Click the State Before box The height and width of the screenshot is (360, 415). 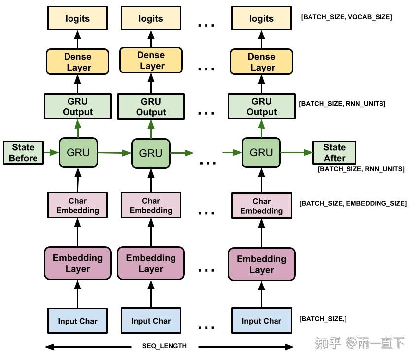pyautogui.click(x=23, y=152)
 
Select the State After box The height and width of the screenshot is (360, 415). pyautogui.click(x=334, y=152)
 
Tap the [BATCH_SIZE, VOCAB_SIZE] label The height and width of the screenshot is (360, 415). pyautogui.click(x=346, y=17)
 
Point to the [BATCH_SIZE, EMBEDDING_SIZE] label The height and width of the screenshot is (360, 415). pyautogui.click(x=353, y=204)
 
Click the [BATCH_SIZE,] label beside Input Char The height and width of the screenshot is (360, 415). pyautogui.click(x=323, y=319)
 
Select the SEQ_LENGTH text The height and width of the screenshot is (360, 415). pyautogui.click(x=164, y=346)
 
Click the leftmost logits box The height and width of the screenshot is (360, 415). pyautogui.click(x=77, y=18)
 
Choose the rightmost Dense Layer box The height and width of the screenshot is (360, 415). pyautogui.click(x=262, y=62)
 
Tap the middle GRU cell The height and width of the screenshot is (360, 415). pyautogui.click(x=151, y=153)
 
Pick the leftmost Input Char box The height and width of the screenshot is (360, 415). pyautogui.click(x=77, y=321)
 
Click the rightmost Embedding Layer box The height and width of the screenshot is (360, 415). pyautogui.click(x=262, y=264)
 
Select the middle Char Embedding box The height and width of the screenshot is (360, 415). pyautogui.click(x=151, y=205)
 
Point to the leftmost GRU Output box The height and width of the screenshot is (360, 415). pyautogui.click(x=78, y=107)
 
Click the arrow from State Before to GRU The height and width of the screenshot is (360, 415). pyautogui.click(x=51, y=152)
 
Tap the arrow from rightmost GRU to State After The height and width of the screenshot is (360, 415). pyautogui.click(x=297, y=152)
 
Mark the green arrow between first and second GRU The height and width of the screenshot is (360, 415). pyautogui.click(x=115, y=153)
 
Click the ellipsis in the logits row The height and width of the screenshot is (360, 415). pyautogui.click(x=207, y=26)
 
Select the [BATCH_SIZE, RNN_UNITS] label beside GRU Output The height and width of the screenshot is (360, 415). pyautogui.click(x=342, y=104)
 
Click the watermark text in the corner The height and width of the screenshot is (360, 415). pyautogui.click(x=360, y=343)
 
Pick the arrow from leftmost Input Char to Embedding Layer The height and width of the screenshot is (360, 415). pyautogui.click(x=77, y=294)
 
